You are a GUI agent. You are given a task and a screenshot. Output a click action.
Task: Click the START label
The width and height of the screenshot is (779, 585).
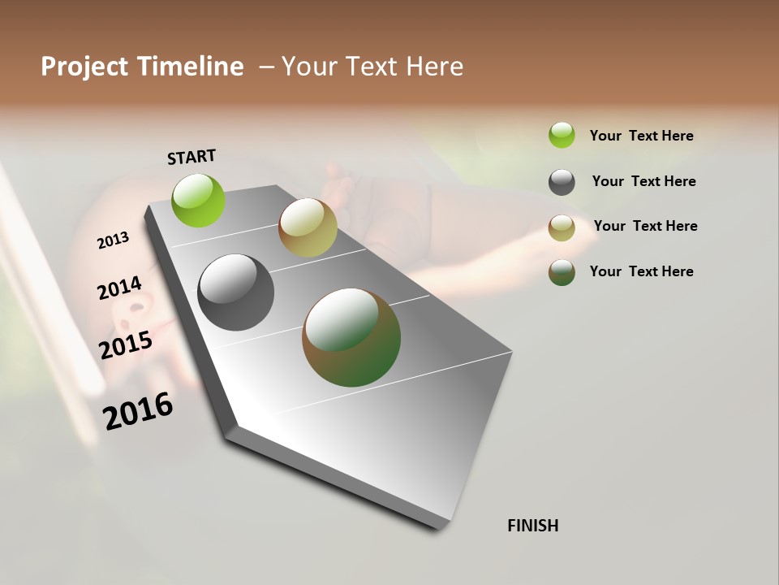(x=192, y=157)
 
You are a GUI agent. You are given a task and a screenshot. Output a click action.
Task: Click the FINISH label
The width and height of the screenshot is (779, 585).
(x=532, y=526)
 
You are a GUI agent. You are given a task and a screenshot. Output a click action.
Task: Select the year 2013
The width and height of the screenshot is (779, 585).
(x=114, y=240)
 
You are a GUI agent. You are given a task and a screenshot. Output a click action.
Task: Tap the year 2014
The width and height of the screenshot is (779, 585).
(x=119, y=288)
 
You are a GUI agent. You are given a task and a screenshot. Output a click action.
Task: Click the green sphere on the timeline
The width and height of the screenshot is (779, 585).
(x=199, y=200)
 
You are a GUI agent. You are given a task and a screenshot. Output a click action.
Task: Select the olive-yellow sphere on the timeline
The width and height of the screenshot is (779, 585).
(x=308, y=227)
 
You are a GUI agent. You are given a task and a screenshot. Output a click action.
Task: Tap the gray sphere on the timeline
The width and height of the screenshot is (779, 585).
(x=236, y=292)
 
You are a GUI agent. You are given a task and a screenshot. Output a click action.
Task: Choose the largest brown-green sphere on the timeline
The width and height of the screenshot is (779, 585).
(x=351, y=337)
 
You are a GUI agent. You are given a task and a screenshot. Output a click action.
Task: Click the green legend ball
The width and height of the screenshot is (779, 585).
(x=562, y=135)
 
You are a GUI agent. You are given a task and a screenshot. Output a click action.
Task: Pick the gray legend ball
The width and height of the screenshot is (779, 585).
(x=562, y=182)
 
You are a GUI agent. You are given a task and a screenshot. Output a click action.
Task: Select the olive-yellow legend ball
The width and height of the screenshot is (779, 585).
(x=562, y=227)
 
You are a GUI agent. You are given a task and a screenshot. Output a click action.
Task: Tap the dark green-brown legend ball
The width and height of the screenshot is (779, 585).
(x=562, y=272)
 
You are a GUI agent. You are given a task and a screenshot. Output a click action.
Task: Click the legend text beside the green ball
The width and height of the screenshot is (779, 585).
(x=641, y=136)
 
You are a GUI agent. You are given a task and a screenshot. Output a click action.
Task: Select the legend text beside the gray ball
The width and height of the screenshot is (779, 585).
(x=643, y=181)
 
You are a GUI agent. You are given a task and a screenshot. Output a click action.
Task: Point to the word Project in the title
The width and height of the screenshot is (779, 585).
(x=84, y=67)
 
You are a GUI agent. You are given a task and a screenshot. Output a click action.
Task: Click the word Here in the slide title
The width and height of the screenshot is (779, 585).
(x=434, y=67)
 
